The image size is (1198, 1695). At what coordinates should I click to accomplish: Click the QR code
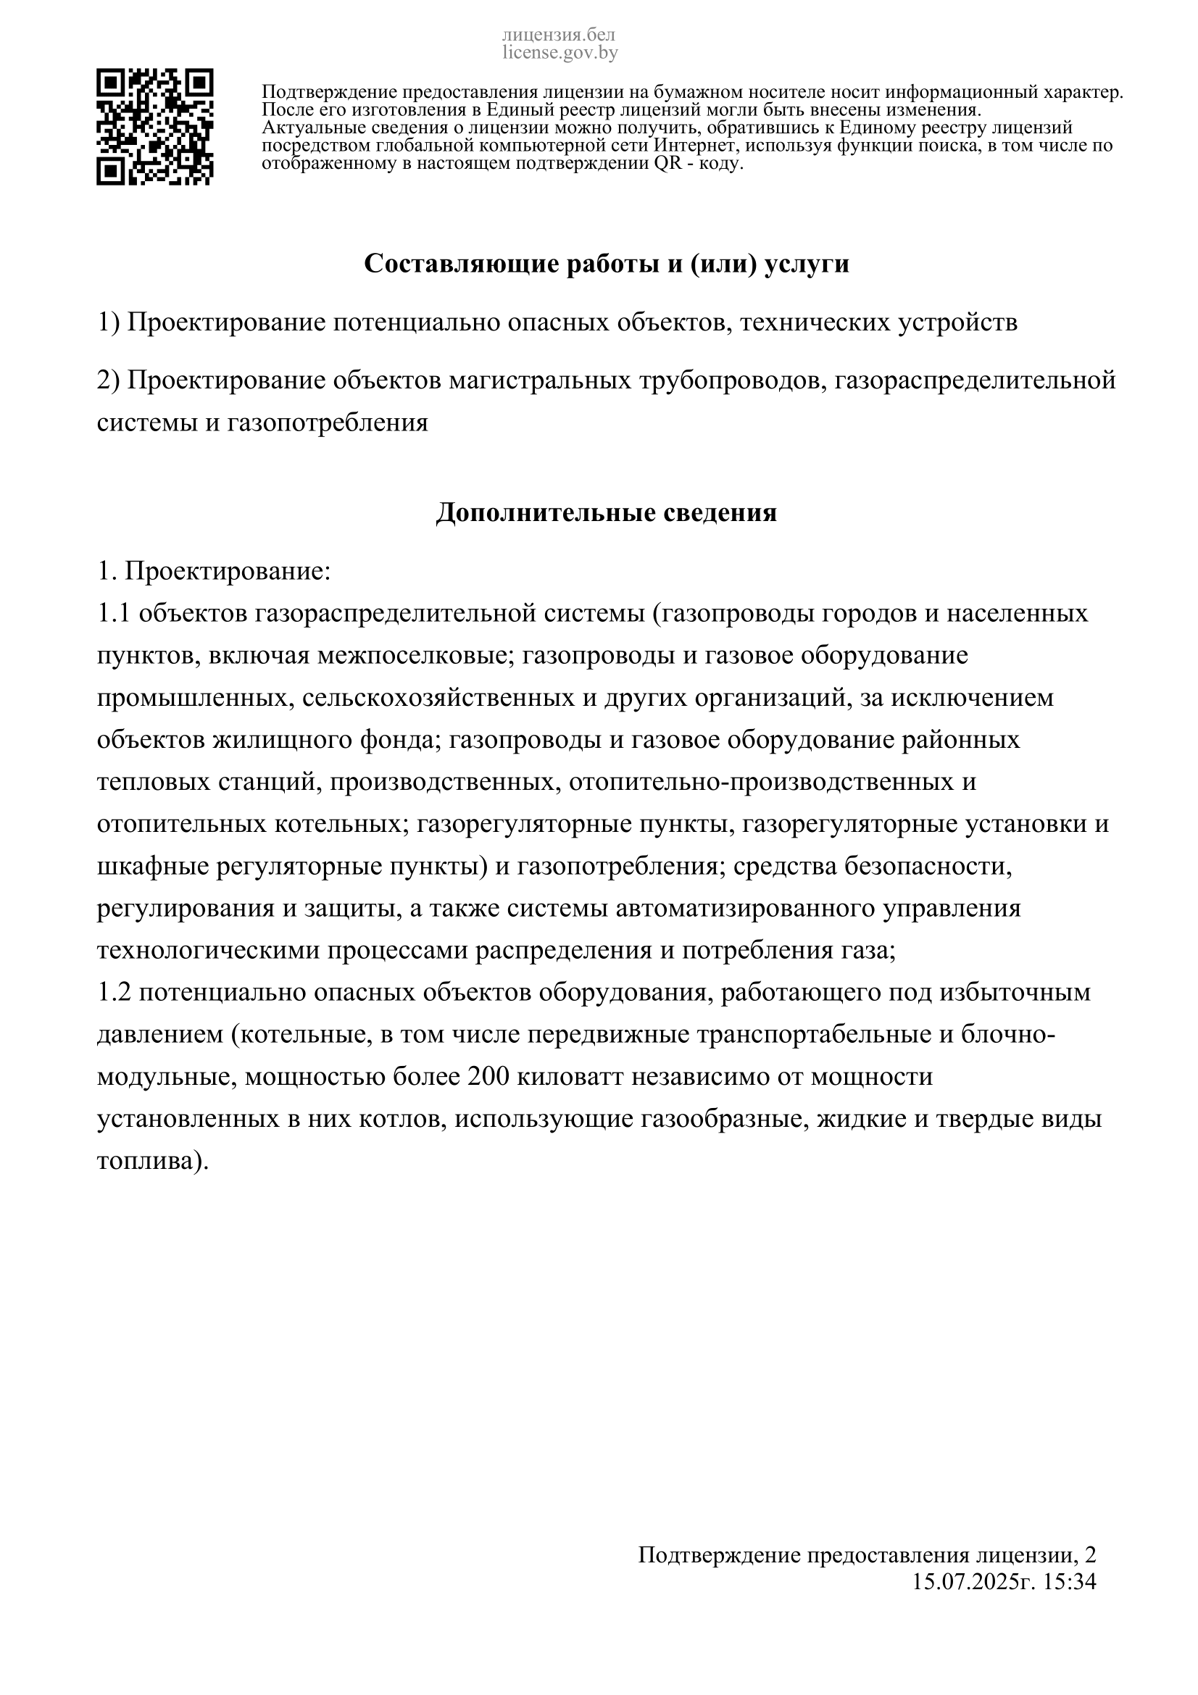(155, 127)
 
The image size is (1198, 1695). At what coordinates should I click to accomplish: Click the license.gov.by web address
(560, 52)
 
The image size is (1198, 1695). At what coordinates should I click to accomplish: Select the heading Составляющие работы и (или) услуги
(606, 265)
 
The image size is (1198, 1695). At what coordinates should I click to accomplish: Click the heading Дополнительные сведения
(606, 512)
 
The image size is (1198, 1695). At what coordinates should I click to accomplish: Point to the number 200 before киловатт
(488, 1077)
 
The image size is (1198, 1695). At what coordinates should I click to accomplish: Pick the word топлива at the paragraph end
(147, 1161)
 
